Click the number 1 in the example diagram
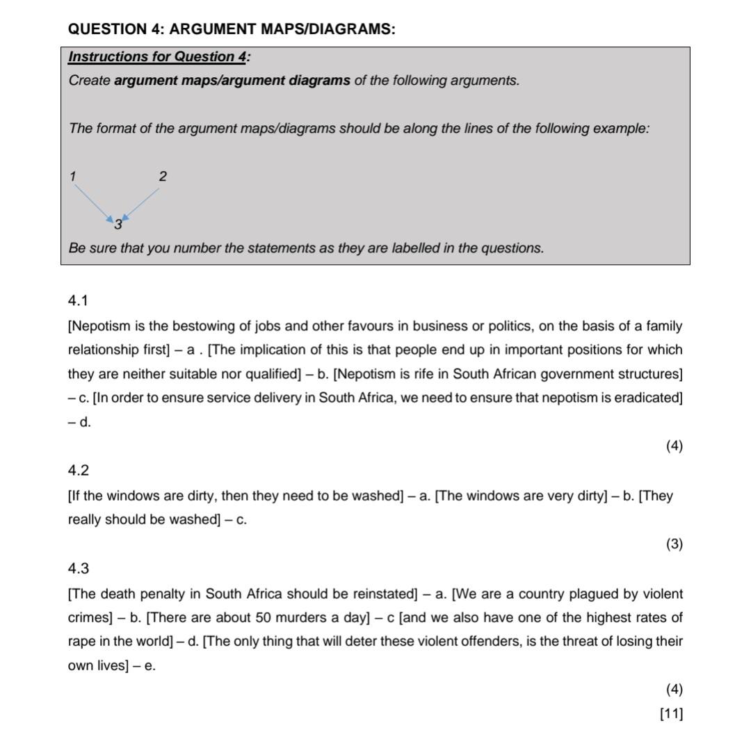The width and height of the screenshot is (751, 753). (x=72, y=176)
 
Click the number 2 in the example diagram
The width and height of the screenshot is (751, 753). (x=163, y=176)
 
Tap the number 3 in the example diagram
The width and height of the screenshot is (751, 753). (x=118, y=225)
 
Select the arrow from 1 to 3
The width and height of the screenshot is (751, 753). (x=92, y=202)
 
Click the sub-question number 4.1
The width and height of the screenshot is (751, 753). (x=78, y=300)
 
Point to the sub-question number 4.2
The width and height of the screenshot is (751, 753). (x=78, y=470)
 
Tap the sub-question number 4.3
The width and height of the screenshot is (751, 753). (x=78, y=568)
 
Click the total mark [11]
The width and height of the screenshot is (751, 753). (x=671, y=713)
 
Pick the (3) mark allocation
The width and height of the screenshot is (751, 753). (x=674, y=544)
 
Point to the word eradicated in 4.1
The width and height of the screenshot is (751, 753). (x=647, y=398)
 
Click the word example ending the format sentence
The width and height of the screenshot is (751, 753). (x=620, y=129)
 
